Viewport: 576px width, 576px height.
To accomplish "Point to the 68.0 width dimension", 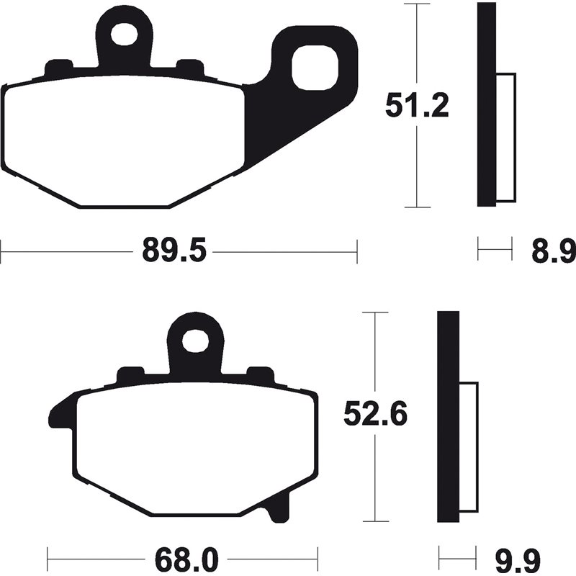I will (x=181, y=557).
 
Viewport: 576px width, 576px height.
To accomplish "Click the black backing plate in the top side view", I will (x=487, y=104).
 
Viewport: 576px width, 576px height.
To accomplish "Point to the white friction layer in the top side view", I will (x=506, y=137).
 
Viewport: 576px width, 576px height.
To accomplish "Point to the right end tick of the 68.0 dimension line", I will (x=317, y=557).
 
